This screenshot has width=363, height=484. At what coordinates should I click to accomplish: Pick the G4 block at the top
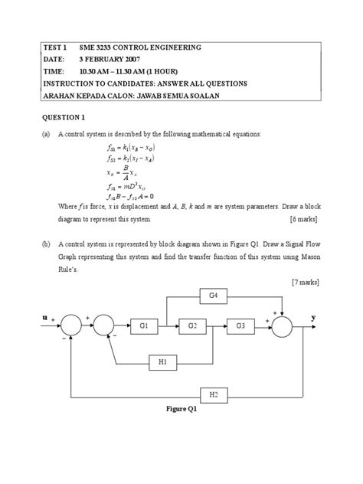coord(214,295)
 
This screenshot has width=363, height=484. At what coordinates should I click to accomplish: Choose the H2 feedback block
coord(213,395)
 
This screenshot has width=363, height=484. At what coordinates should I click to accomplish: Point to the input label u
coord(45,315)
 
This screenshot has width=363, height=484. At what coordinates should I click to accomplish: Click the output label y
coord(313,315)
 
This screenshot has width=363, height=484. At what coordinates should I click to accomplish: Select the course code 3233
coord(96,47)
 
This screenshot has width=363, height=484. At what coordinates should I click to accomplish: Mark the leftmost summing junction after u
coord(73,325)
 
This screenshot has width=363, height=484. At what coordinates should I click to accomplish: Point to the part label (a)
coord(47,133)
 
